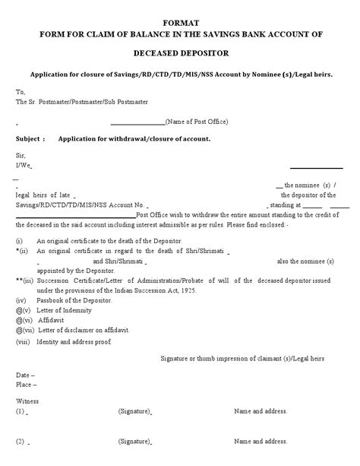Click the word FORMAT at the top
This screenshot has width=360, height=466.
[181, 24]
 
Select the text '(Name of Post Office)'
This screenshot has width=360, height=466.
[197, 122]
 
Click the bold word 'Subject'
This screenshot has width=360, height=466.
[30, 139]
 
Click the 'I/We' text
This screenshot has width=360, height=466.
[24, 164]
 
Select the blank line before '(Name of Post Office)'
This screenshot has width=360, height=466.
[137, 122]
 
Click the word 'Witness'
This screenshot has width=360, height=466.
[28, 401]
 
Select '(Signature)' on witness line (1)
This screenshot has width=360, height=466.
[134, 411]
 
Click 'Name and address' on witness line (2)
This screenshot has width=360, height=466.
[261, 441]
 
